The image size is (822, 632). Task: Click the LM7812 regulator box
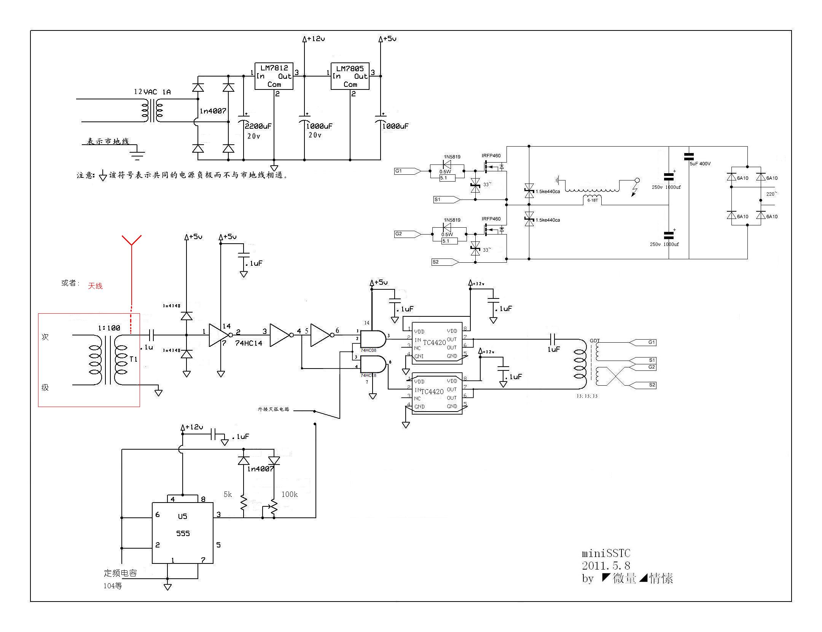(274, 76)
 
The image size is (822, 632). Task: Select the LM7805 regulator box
(350, 76)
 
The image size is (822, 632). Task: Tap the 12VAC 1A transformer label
(152, 92)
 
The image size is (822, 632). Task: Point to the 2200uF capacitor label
(258, 126)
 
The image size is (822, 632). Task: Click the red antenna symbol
(132, 241)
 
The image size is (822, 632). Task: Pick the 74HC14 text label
(249, 343)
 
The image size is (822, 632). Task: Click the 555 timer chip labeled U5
(183, 533)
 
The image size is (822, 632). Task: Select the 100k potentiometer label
(290, 494)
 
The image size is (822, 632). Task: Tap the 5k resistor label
(228, 494)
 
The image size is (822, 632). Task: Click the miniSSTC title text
(606, 554)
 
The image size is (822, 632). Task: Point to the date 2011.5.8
(606, 566)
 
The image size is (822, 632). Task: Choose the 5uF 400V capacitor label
(700, 164)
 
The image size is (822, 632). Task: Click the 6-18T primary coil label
(593, 200)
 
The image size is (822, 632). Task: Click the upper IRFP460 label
(491, 156)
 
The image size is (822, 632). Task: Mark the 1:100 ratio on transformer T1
(109, 328)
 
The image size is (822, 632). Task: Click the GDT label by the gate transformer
(594, 341)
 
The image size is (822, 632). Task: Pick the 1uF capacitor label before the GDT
(554, 349)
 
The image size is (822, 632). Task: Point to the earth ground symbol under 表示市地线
(137, 154)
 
